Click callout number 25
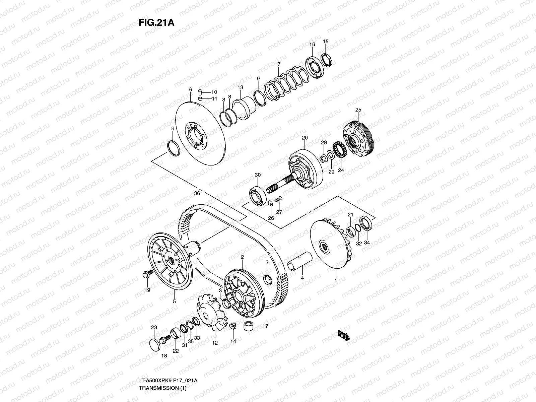(x=358, y=110)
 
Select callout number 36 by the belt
(x=197, y=194)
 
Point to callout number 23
(x=154, y=327)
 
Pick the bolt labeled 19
(x=147, y=275)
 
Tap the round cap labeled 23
(x=154, y=344)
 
